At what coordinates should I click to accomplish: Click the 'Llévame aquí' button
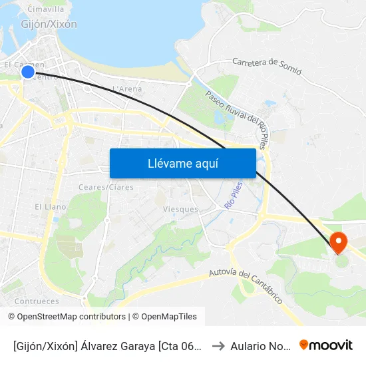[x=182, y=163]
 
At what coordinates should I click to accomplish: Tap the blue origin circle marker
[x=28, y=72]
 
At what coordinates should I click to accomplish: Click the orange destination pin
[x=339, y=242]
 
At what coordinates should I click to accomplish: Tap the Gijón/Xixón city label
[x=49, y=25]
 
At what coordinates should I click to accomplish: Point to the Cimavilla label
[x=46, y=9]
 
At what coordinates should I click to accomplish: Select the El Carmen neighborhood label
[x=24, y=65]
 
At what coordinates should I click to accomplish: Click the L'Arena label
[x=127, y=89]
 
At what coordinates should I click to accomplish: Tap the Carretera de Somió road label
[x=267, y=66]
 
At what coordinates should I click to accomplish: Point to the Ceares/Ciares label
[x=106, y=187]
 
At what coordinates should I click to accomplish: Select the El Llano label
[x=51, y=207]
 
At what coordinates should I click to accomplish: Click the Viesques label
[x=180, y=209]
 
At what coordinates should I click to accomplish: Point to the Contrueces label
[x=36, y=301]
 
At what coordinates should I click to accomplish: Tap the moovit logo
[x=326, y=345]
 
